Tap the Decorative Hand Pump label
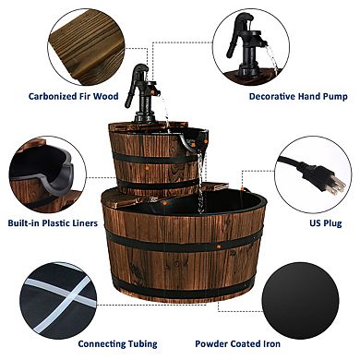(x=292, y=95)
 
